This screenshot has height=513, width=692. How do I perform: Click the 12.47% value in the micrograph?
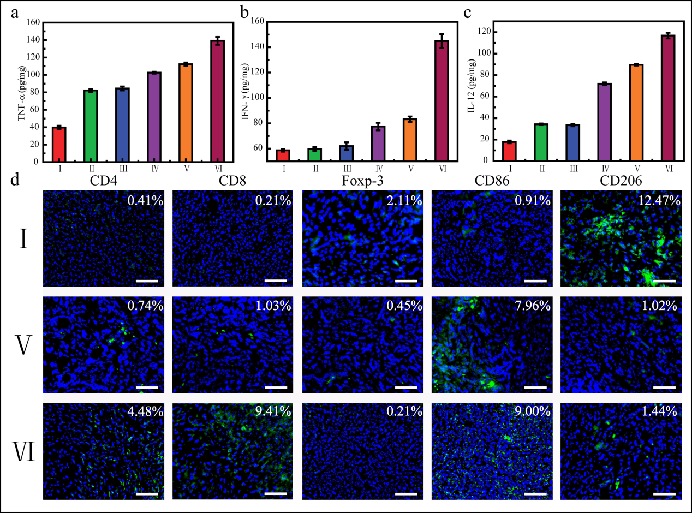click(661, 201)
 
